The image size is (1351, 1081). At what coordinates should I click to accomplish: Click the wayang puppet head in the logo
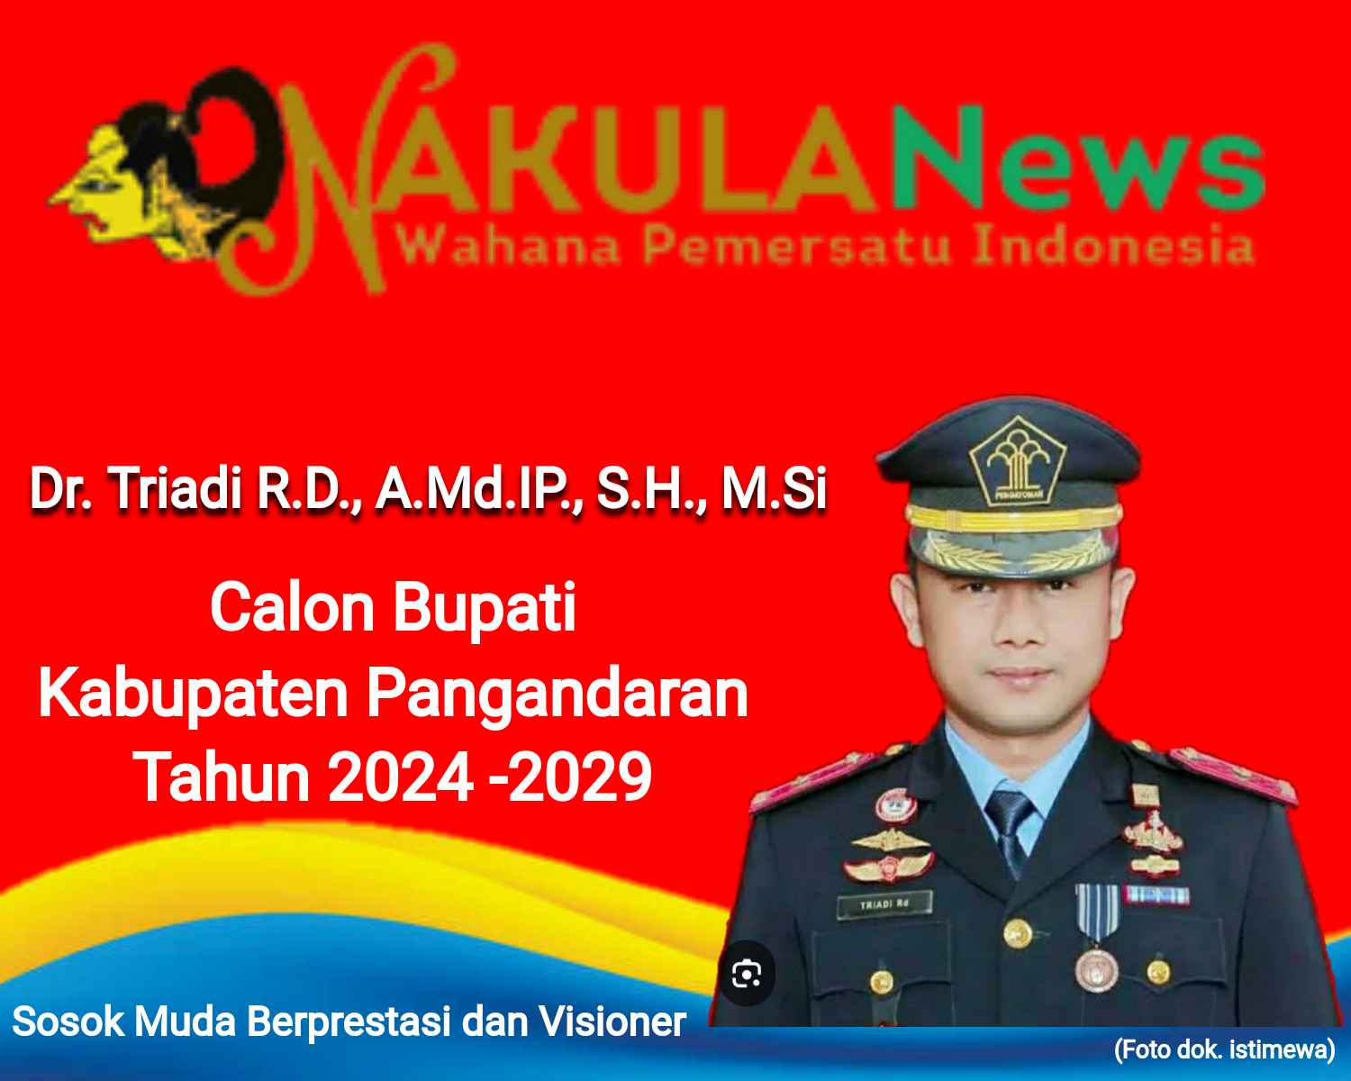tap(163, 167)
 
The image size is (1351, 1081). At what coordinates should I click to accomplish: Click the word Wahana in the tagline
tap(510, 246)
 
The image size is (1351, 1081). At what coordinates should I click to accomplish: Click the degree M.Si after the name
tap(774, 488)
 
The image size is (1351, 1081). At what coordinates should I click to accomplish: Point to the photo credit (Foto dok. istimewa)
tap(1225, 1049)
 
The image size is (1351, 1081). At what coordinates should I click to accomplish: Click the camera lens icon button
tap(747, 974)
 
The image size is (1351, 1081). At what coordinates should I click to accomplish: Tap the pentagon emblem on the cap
tap(1017, 461)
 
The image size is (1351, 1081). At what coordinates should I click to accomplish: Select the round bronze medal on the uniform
tap(1096, 970)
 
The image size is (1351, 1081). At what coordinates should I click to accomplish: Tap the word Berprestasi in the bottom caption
tap(349, 1022)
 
